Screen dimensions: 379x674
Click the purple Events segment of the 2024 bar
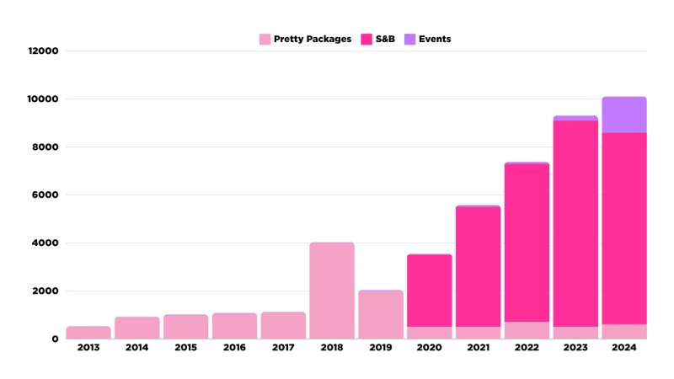click(x=624, y=115)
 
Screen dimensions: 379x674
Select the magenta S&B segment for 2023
click(x=575, y=223)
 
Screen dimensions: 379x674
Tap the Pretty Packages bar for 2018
click(x=332, y=291)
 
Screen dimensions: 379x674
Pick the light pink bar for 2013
click(x=88, y=333)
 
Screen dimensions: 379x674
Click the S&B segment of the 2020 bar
click(x=430, y=291)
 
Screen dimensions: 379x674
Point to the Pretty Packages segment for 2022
click(x=527, y=330)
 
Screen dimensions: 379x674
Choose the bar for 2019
click(x=381, y=315)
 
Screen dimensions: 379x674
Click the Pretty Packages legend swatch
click(x=265, y=39)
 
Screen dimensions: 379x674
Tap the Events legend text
click(x=435, y=39)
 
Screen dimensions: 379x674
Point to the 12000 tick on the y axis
click(x=43, y=51)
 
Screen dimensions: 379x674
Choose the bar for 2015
click(x=185, y=327)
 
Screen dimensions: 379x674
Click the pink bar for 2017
click(x=283, y=326)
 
